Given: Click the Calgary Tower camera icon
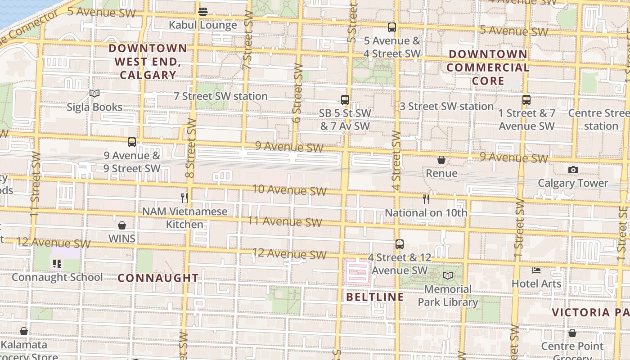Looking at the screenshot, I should pyautogui.click(x=573, y=170).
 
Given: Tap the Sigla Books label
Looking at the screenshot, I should pyautogui.click(x=94, y=107).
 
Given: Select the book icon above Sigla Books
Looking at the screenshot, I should pyautogui.click(x=94, y=93).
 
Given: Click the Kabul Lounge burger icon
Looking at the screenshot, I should pyautogui.click(x=203, y=11).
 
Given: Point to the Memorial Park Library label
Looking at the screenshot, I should pyautogui.click(x=448, y=296).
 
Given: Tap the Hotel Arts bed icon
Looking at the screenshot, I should pyautogui.click(x=536, y=270).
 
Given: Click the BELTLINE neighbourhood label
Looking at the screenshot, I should pyautogui.click(x=375, y=297).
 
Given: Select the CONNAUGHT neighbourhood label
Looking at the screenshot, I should pyautogui.click(x=158, y=278).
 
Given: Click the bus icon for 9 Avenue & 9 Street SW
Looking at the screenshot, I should pyautogui.click(x=132, y=142).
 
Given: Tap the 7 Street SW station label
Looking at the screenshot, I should pyautogui.click(x=220, y=96).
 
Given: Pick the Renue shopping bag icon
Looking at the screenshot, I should pyautogui.click(x=441, y=160).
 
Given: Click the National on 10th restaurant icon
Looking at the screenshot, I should pyautogui.click(x=426, y=199).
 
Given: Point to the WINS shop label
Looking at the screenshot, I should pyautogui.click(x=121, y=238).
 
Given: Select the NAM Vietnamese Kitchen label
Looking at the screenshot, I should pyautogui.click(x=185, y=218).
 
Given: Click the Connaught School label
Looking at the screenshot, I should pyautogui.click(x=57, y=277).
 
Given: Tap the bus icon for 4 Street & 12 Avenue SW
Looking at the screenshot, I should pyautogui.click(x=400, y=244).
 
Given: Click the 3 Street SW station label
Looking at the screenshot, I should pyautogui.click(x=447, y=107).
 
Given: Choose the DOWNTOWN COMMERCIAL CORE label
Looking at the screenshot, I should pyautogui.click(x=488, y=67).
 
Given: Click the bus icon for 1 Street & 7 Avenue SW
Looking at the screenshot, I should pyautogui.click(x=526, y=100).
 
